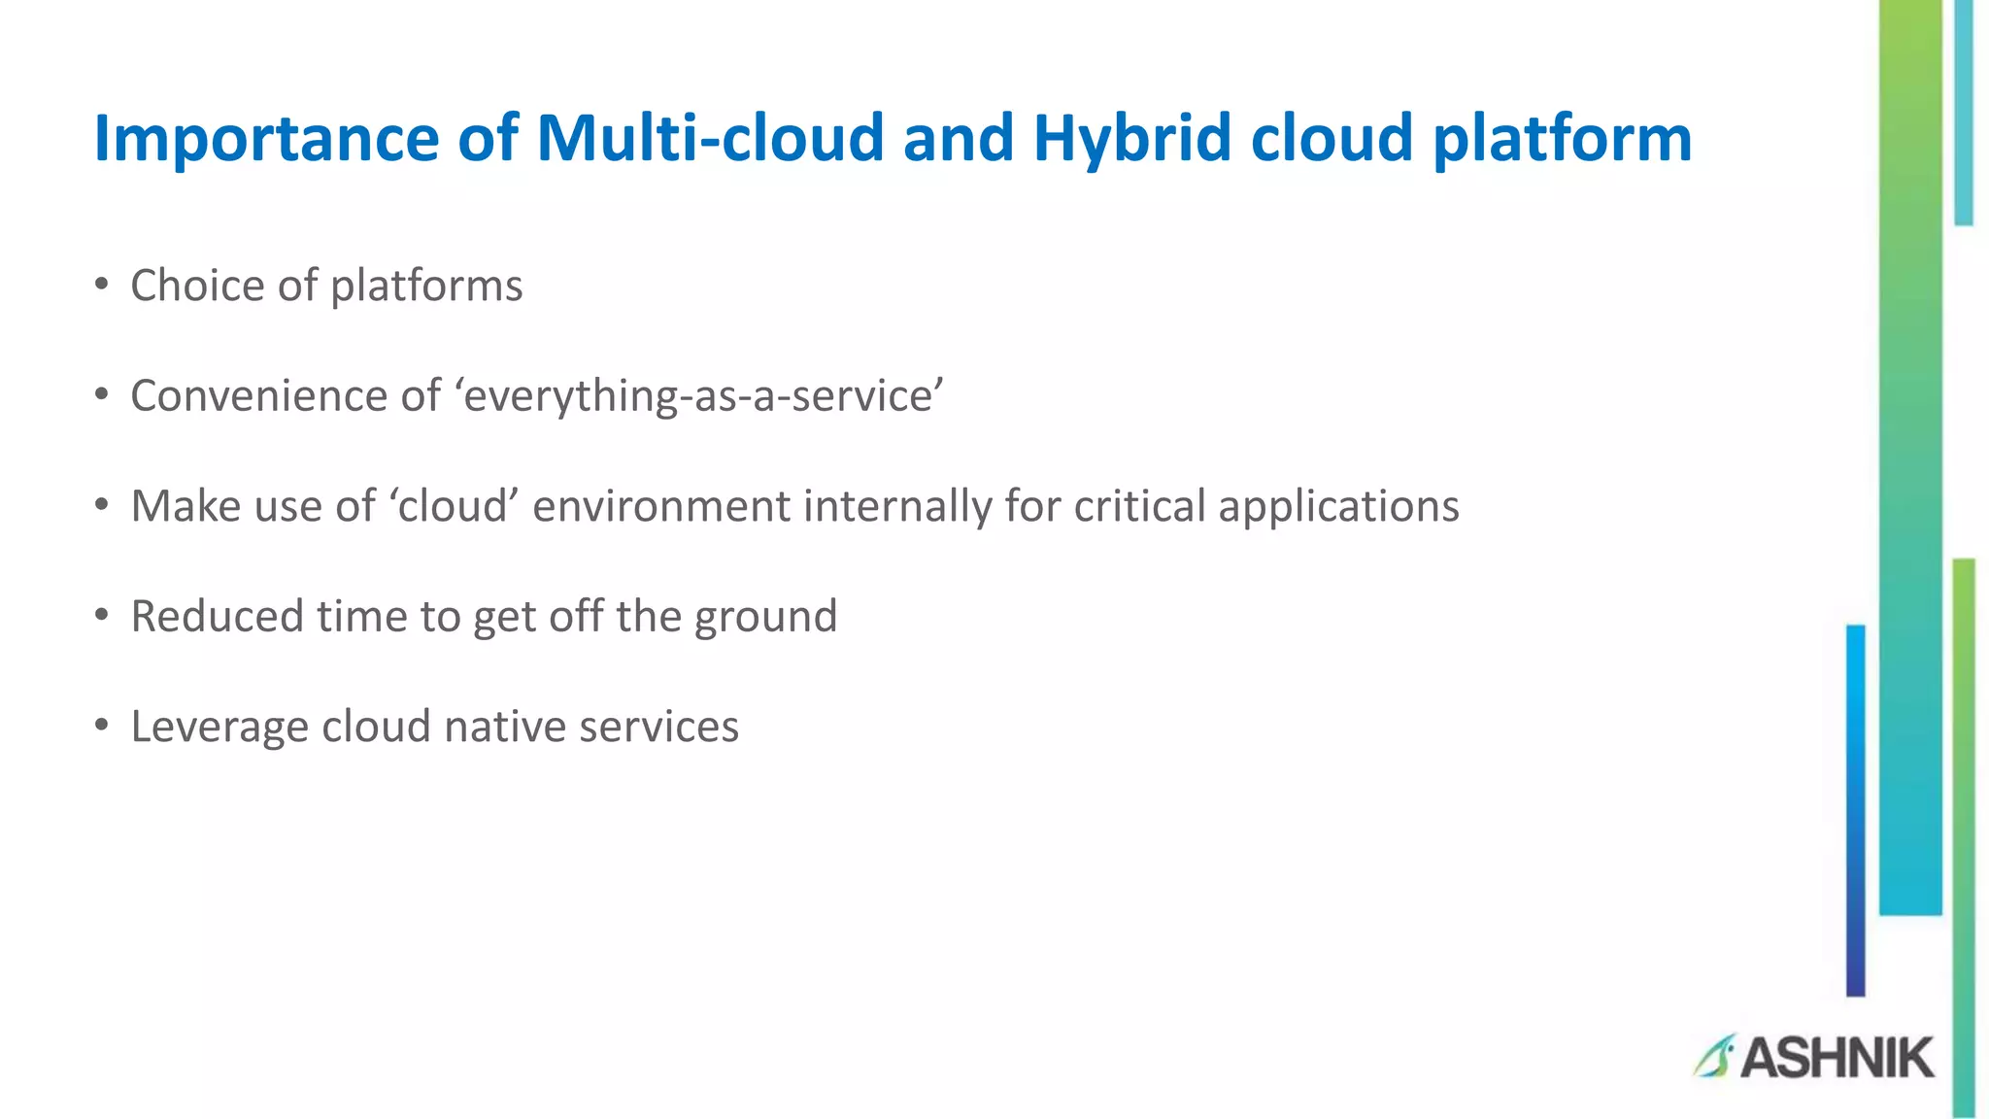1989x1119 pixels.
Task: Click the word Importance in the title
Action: coord(266,139)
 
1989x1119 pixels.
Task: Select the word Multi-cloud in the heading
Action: coord(710,137)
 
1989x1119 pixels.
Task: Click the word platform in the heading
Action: coord(1562,139)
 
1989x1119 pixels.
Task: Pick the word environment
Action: coord(661,506)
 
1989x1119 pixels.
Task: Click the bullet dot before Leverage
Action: coord(102,726)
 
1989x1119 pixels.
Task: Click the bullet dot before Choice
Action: coord(102,285)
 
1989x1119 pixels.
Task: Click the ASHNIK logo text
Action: coord(1837,1058)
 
